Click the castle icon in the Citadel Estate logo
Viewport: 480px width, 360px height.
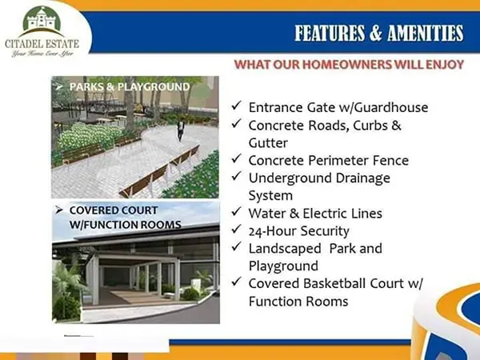[42, 20]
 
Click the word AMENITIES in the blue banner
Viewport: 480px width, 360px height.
[426, 33]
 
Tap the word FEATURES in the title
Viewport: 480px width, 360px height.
[330, 33]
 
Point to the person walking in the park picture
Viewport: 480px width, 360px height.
[181, 130]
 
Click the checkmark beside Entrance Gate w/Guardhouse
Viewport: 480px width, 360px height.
[236, 106]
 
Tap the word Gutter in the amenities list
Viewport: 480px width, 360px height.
[268, 143]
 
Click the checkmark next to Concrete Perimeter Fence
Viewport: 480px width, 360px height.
[236, 158]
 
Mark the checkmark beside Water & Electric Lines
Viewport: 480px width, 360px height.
[236, 211]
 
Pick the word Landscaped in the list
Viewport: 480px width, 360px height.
[285, 249]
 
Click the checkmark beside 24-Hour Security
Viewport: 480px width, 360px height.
[236, 229]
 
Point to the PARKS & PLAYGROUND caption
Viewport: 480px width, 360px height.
[130, 87]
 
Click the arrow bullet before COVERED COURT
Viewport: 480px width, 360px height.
[58, 210]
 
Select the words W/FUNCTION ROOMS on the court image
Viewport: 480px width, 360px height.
[126, 225]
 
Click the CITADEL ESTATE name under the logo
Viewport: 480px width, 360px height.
[42, 44]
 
